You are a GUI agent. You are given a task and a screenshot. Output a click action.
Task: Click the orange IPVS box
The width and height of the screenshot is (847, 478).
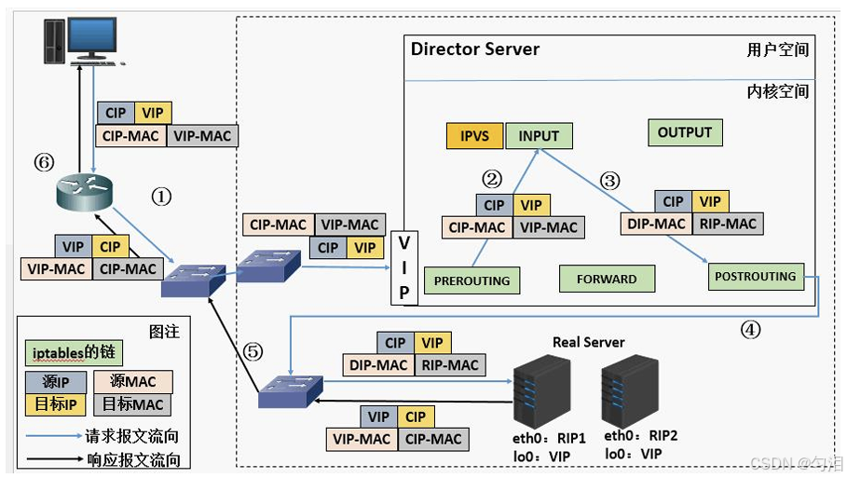(474, 135)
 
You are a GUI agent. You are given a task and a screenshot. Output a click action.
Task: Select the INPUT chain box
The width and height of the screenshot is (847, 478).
(539, 135)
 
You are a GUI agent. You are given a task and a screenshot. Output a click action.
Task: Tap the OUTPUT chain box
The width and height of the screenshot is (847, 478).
(685, 132)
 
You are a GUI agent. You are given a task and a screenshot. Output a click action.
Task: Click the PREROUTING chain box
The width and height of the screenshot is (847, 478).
(471, 280)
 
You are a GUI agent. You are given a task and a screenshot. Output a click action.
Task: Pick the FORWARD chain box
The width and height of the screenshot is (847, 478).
(607, 279)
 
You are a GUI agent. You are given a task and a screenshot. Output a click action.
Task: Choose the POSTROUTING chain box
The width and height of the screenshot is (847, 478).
(756, 277)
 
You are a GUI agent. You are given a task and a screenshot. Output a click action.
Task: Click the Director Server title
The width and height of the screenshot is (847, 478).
(475, 49)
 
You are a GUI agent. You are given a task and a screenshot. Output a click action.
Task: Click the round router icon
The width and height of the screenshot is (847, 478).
(84, 193)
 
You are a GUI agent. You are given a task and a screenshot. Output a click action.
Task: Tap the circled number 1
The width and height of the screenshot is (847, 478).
(161, 197)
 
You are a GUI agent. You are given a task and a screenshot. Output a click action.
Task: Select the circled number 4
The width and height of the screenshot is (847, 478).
(750, 330)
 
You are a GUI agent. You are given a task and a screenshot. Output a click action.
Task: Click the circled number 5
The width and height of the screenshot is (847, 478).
(253, 352)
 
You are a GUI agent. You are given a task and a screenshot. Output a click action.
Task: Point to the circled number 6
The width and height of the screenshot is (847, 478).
(44, 162)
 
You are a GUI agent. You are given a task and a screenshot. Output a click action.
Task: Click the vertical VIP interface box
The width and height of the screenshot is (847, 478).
(404, 268)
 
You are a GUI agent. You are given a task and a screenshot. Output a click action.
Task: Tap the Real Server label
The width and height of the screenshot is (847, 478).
(588, 343)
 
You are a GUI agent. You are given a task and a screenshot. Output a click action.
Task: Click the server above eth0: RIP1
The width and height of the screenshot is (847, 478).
(541, 391)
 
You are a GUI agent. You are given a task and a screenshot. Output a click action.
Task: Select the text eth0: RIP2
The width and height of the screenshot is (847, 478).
(641, 435)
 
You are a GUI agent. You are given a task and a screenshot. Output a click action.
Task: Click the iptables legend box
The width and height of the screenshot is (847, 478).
(74, 353)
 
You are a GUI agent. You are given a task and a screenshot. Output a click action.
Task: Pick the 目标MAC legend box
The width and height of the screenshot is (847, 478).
(133, 404)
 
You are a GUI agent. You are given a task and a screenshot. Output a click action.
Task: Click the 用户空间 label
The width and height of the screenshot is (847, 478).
(778, 49)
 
